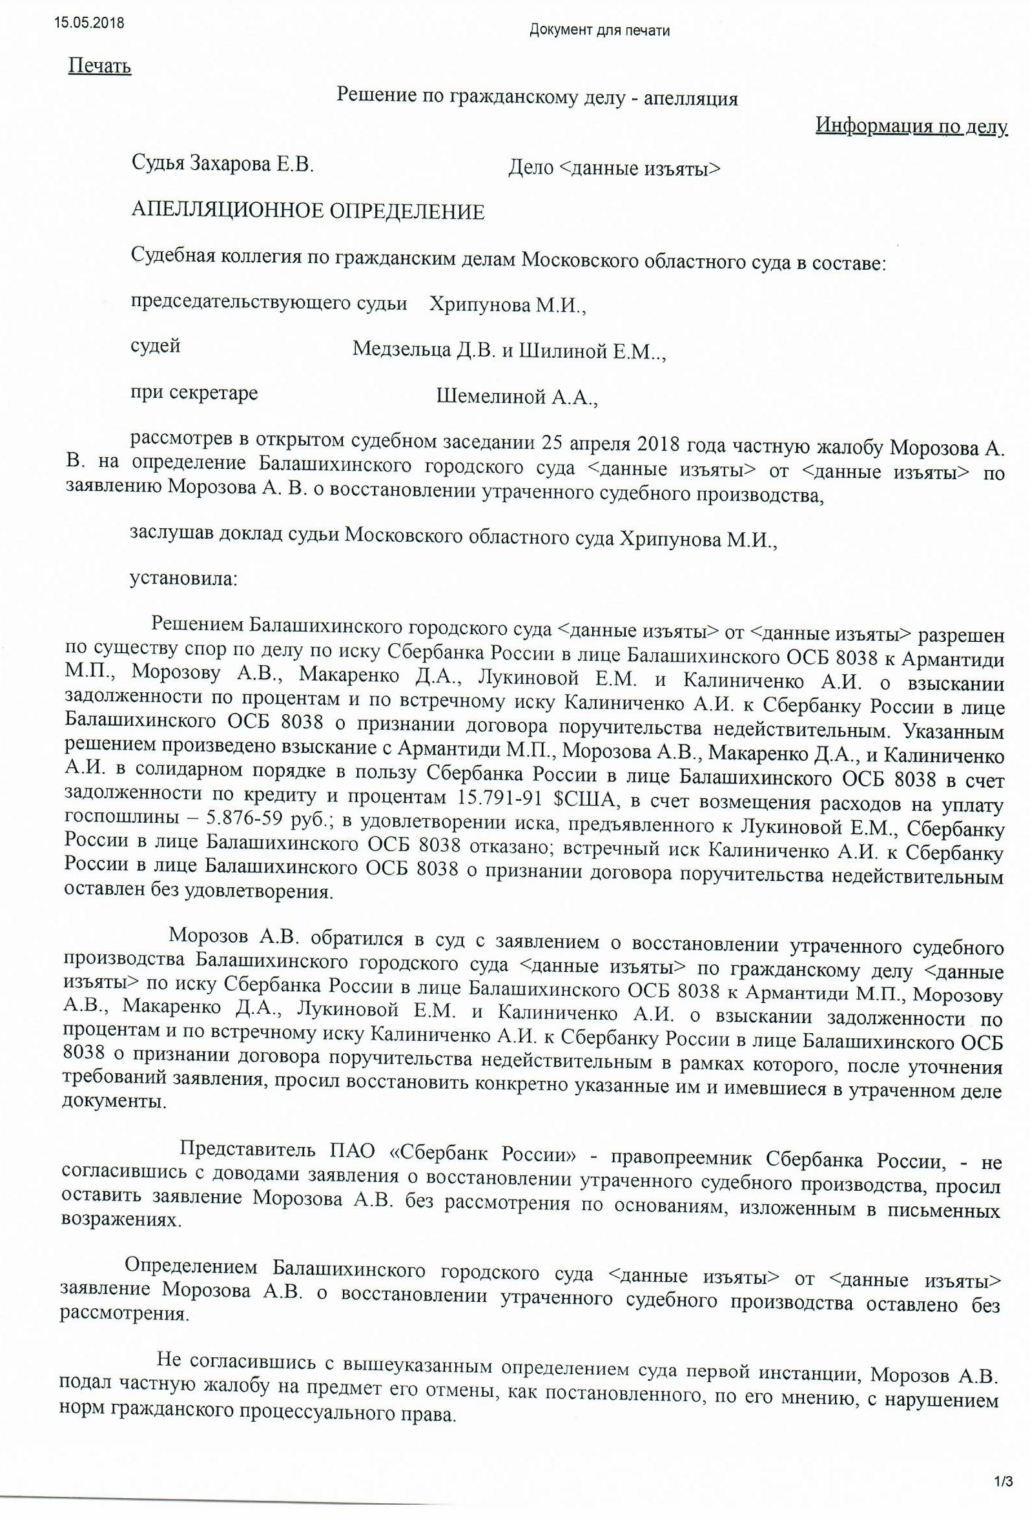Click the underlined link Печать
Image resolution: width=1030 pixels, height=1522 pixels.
(x=99, y=66)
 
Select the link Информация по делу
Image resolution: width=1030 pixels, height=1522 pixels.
(x=911, y=126)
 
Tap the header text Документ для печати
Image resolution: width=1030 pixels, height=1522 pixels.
(x=599, y=30)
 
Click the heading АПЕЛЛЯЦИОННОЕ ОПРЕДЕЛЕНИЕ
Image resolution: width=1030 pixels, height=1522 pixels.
(x=308, y=212)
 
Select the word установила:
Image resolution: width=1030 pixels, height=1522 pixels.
(x=184, y=579)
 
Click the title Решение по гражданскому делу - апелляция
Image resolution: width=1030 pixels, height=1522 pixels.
(x=537, y=98)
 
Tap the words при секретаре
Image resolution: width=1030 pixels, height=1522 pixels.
(x=194, y=393)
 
